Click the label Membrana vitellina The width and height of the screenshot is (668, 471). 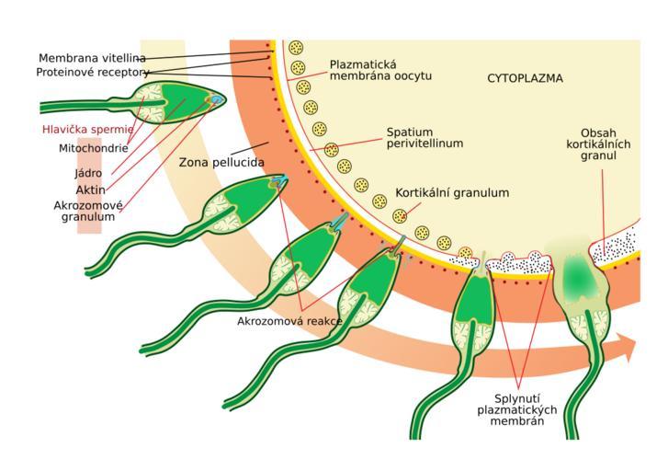click(x=92, y=58)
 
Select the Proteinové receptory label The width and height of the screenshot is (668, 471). click(x=93, y=73)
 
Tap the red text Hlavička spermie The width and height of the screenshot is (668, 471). click(x=88, y=130)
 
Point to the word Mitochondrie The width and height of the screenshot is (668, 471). click(x=94, y=148)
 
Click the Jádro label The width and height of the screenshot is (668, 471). click(x=88, y=173)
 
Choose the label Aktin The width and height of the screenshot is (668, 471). click(x=90, y=190)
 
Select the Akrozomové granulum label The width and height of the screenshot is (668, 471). click(x=88, y=212)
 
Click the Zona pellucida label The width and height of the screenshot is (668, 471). click(x=221, y=163)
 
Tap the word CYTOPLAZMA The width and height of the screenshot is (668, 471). click(x=525, y=78)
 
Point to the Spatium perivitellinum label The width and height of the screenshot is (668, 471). click(x=425, y=138)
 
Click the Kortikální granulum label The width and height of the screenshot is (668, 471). click(x=452, y=193)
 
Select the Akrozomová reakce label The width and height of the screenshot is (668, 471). click(x=289, y=321)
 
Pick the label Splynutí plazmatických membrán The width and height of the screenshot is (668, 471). click(x=516, y=409)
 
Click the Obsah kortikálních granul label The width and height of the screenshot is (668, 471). click(x=598, y=144)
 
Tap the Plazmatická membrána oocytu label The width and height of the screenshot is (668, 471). click(x=380, y=71)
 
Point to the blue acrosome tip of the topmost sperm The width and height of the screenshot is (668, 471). click(x=217, y=100)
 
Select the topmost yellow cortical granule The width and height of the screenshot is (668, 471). click(x=296, y=47)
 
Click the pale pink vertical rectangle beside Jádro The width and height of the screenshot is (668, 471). click(x=89, y=186)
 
